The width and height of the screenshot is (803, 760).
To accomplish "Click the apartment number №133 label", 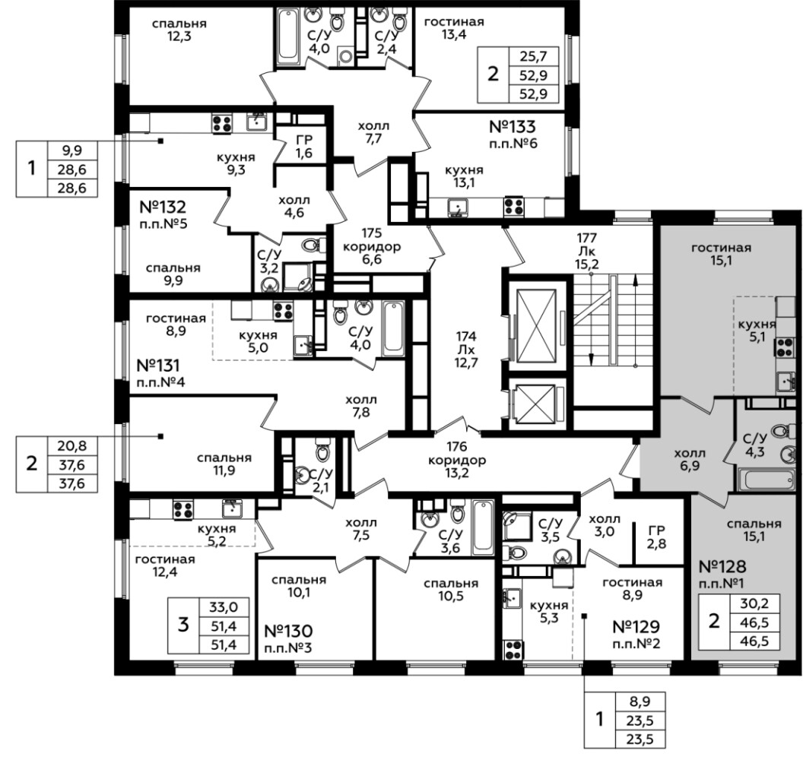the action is click(x=512, y=126).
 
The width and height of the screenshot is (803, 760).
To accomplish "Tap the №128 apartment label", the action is click(x=722, y=566).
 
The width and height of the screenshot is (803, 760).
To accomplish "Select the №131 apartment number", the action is click(x=158, y=366).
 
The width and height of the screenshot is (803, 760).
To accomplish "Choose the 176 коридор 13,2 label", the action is click(x=457, y=460).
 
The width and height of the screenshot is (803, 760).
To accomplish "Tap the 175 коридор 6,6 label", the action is click(x=372, y=246).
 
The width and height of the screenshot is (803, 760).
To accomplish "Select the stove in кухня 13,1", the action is click(x=513, y=207).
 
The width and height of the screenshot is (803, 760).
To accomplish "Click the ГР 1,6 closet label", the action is click(x=304, y=147).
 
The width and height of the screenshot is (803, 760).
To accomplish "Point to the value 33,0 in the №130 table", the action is click(x=224, y=607).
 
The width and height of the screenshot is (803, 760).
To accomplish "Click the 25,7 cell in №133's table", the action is click(x=534, y=56).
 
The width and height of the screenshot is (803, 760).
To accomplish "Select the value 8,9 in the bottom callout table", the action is click(x=640, y=702).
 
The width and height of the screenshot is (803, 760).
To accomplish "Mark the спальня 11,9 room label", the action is click(x=224, y=464).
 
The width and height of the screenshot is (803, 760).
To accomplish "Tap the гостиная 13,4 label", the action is click(x=454, y=28).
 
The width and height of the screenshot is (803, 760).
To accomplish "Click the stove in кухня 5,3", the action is click(x=513, y=650).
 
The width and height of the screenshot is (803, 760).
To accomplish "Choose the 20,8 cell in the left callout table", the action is click(x=71, y=446).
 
